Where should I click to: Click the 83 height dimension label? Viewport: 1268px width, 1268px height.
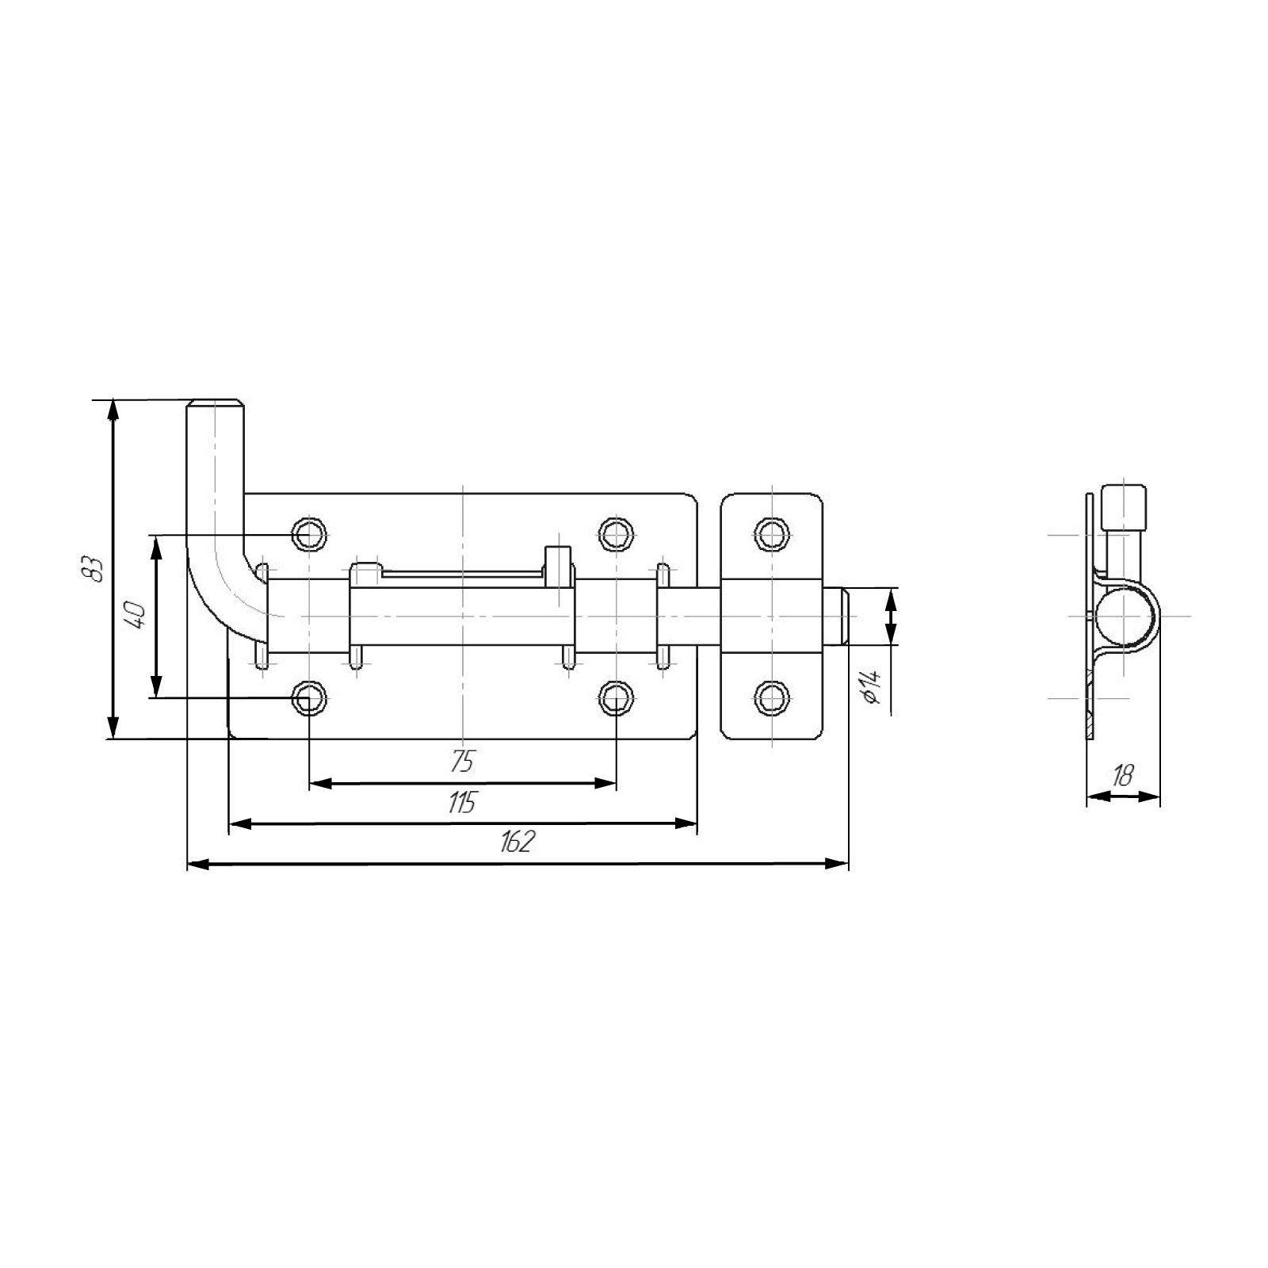[x=94, y=568]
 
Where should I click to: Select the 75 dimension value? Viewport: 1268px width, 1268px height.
[x=461, y=762]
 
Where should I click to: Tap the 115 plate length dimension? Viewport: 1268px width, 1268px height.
[x=460, y=803]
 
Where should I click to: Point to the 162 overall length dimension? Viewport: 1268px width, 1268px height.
[x=517, y=842]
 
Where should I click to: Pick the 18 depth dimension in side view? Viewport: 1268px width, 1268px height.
[x=1122, y=776]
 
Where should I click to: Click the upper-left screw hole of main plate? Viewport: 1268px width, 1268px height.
[x=309, y=534]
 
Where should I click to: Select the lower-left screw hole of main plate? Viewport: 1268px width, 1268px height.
[x=309, y=698]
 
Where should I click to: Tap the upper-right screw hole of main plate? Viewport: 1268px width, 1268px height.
[x=616, y=534]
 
